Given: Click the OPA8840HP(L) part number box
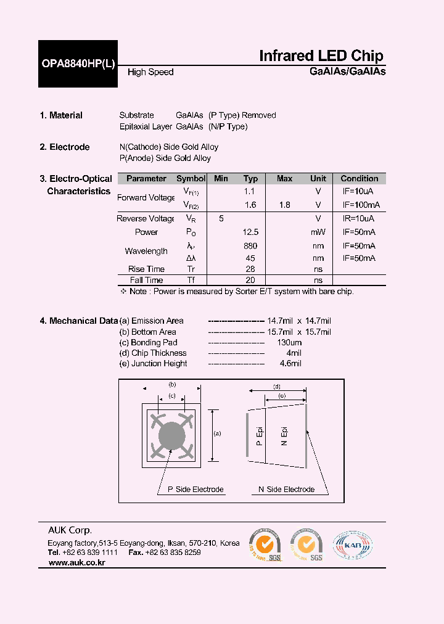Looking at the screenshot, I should pyautogui.click(x=78, y=64).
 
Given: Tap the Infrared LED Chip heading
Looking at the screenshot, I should pyautogui.click(x=321, y=55).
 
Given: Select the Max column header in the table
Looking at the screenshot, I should pyautogui.click(x=284, y=179).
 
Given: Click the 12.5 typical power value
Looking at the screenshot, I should pyautogui.click(x=250, y=232).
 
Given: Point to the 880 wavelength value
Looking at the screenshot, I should pyautogui.click(x=250, y=246).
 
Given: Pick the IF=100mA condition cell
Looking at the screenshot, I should pyautogui.click(x=361, y=205).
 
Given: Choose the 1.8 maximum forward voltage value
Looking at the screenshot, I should pyautogui.click(x=284, y=205).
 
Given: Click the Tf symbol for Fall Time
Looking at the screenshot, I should pyautogui.click(x=191, y=280).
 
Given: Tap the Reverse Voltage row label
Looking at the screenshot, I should pyautogui.click(x=146, y=219).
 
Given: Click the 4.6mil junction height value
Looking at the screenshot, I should pyautogui.click(x=290, y=364).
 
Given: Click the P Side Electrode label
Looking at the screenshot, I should pyautogui.click(x=191, y=490).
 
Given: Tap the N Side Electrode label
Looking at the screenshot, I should pyautogui.click(x=286, y=490).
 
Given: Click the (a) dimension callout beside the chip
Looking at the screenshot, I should pyautogui.click(x=216, y=433).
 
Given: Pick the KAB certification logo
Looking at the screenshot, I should pyautogui.click(x=353, y=546).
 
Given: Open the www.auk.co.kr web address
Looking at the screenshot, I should pyautogui.click(x=76, y=563).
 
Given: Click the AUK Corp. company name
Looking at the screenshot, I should pyautogui.click(x=70, y=530).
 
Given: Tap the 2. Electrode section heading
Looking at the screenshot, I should pyautogui.click(x=65, y=147).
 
